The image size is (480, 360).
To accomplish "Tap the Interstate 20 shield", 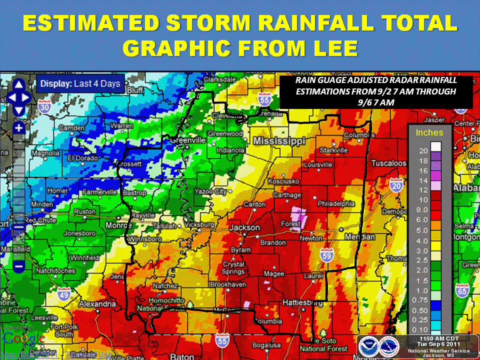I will click(x=397, y=186).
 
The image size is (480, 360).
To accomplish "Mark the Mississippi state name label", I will click(x=278, y=141).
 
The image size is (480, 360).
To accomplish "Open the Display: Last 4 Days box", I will click(x=80, y=84).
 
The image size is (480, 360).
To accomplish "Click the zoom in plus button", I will click(x=19, y=128).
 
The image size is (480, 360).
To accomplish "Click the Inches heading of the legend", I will click(x=429, y=132).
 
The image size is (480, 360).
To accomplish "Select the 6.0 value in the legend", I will click(x=422, y=220).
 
